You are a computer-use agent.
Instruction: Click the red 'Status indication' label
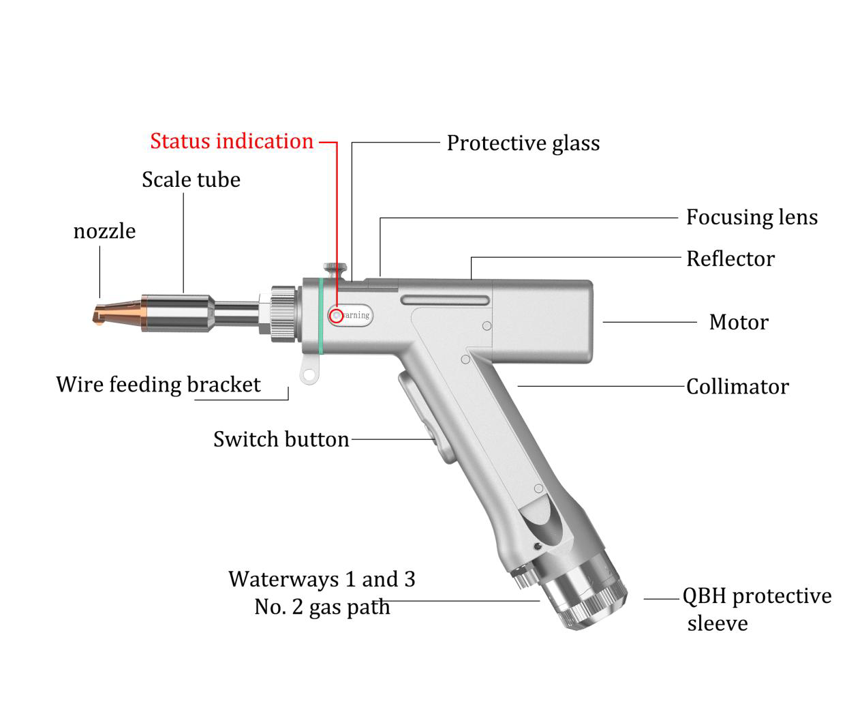point(232,141)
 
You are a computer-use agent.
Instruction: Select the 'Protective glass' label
point(523,143)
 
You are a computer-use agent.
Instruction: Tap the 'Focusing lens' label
point(751,217)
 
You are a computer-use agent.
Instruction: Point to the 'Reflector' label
point(730,259)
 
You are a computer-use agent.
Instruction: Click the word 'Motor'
point(738,322)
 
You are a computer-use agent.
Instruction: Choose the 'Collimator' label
point(737,387)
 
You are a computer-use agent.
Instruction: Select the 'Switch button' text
point(281,439)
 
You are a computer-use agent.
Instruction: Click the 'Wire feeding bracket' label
point(158,385)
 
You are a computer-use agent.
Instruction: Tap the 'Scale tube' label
point(191,179)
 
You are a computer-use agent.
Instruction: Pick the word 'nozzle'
point(104,231)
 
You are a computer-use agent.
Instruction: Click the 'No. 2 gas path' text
point(322,606)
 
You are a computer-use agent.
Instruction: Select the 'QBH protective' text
point(756,596)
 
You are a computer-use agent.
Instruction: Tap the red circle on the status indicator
point(335,315)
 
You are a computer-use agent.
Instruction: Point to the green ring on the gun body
point(320,314)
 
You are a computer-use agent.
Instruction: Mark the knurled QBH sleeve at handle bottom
point(590,597)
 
